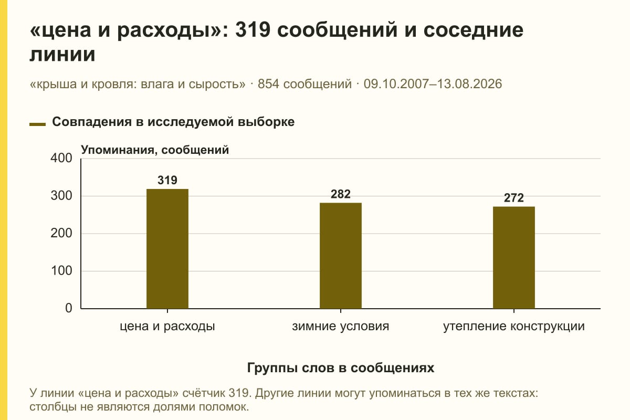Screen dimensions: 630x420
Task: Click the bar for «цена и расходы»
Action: [x=167, y=249]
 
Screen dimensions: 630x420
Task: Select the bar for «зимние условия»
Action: [x=341, y=256]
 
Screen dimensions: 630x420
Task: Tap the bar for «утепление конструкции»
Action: [x=514, y=258]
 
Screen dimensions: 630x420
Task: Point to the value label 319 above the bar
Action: [x=167, y=180]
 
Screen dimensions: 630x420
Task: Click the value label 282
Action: [x=341, y=194]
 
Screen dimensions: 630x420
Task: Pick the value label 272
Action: [x=514, y=198]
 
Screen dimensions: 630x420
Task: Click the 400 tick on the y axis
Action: [x=61, y=158]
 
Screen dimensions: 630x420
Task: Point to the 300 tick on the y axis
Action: [x=61, y=196]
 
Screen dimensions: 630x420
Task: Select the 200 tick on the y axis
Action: [x=61, y=233]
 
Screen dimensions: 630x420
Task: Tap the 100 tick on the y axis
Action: [x=61, y=270]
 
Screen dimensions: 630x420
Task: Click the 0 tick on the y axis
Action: [x=69, y=308]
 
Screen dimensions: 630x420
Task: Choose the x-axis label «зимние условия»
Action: [x=341, y=327]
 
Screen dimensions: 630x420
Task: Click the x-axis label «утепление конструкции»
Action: [x=514, y=327]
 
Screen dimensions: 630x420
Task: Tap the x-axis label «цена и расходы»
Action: [x=167, y=327]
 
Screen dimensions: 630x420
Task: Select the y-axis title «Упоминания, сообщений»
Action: [x=155, y=150]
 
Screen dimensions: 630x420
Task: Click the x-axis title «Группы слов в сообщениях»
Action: [x=341, y=367]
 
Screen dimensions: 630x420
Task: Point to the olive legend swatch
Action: [x=37, y=124]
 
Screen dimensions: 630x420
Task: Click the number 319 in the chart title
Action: [x=253, y=30]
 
